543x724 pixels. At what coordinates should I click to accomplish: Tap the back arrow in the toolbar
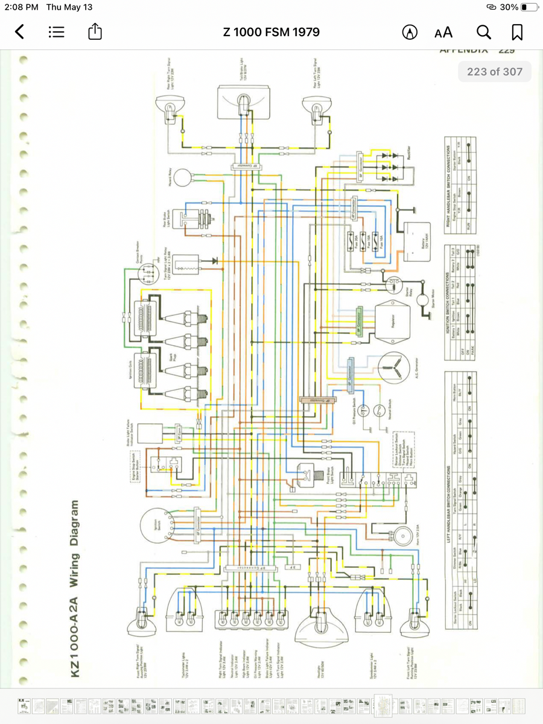pyautogui.click(x=20, y=32)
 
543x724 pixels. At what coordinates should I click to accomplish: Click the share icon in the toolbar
pyautogui.click(x=95, y=32)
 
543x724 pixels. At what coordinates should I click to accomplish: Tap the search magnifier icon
pyautogui.click(x=483, y=32)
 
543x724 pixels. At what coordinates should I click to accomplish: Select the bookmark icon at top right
pyautogui.click(x=517, y=32)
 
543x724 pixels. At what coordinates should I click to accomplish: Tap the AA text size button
pyautogui.click(x=443, y=32)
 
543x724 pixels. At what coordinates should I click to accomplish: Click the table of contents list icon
pyautogui.click(x=57, y=32)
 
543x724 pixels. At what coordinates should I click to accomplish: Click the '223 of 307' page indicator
pyautogui.click(x=494, y=72)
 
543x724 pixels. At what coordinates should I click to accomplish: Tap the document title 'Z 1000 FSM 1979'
pyautogui.click(x=271, y=32)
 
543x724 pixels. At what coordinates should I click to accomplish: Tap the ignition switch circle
pyautogui.click(x=156, y=524)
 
